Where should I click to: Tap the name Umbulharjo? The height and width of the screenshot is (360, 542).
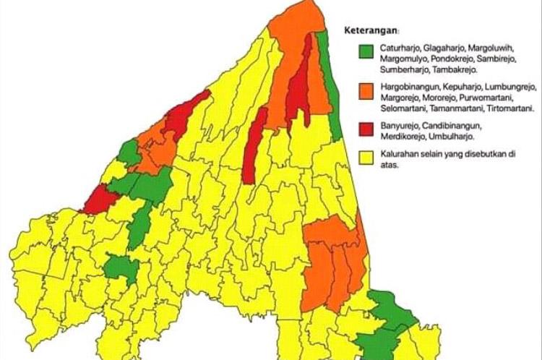(x=455, y=136)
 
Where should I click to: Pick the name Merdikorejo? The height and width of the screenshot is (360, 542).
(x=403, y=136)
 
